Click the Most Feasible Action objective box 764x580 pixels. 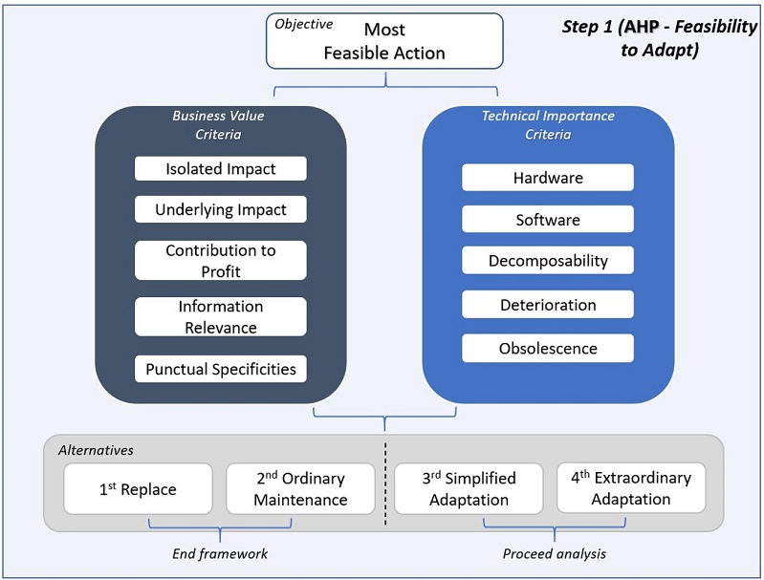pos(384,41)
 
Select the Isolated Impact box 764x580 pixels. pos(221,169)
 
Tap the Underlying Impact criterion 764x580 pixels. pos(221,209)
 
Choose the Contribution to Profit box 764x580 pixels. pos(221,260)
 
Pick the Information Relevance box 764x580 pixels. pos(221,316)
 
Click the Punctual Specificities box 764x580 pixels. pos(221,368)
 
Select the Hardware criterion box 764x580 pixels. pos(548,178)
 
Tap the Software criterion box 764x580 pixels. pos(548,220)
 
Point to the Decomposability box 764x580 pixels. pos(548,261)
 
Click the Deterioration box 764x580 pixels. pos(548,305)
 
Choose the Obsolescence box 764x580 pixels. pos(548,348)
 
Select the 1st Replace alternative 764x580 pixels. pos(139,489)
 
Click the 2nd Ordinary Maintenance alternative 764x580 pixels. pos(300,488)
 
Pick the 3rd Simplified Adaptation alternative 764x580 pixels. pos(469,488)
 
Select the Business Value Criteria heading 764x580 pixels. pos(218,125)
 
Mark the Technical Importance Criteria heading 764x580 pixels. pos(548,125)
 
